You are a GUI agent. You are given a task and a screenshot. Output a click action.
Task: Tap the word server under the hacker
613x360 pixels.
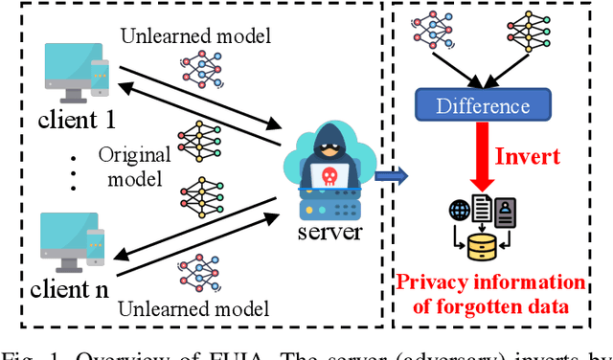(x=330, y=234)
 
